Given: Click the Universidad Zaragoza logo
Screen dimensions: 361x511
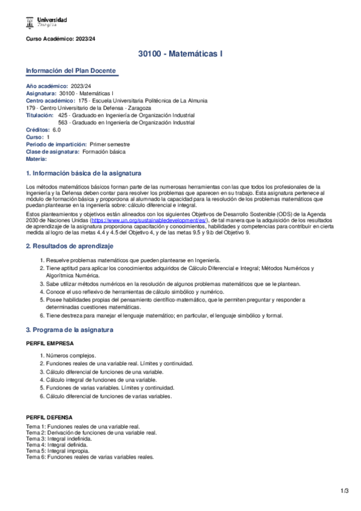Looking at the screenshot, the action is click(46, 22).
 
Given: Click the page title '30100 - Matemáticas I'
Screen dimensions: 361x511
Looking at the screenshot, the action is click(180, 54).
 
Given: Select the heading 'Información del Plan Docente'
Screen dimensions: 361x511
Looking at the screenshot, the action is click(71, 71).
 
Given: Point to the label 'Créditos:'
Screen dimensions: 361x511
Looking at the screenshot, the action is click(38, 130).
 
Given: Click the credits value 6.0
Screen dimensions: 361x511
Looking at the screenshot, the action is click(57, 130).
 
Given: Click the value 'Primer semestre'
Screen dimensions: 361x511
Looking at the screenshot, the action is click(110, 144).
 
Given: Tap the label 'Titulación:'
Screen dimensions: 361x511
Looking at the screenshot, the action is click(40, 114).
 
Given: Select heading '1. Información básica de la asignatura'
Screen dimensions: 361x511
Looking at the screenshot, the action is click(83, 172).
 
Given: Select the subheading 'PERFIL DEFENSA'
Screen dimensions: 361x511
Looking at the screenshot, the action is click(49, 417).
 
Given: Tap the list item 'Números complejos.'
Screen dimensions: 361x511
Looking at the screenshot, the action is click(71, 356).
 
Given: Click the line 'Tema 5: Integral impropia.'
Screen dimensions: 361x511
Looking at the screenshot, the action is click(60, 451).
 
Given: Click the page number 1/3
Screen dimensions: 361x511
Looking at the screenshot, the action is click(345, 491).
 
